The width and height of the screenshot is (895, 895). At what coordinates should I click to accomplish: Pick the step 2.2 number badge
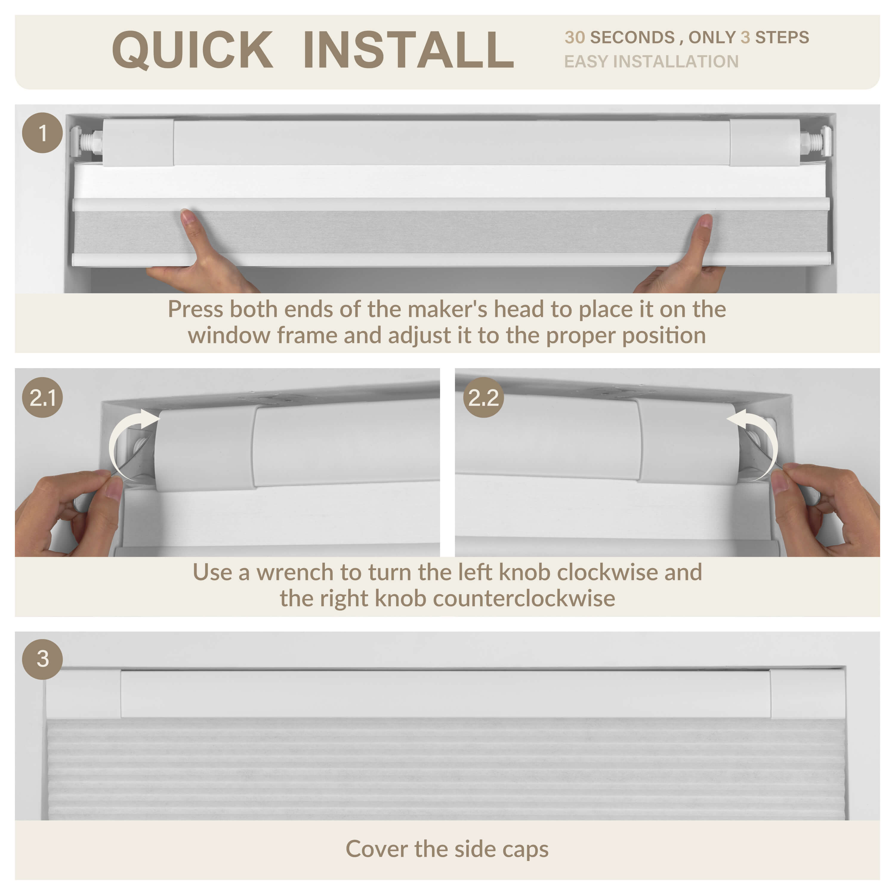[x=484, y=397]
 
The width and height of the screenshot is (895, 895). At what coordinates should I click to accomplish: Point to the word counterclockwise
[x=524, y=598]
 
